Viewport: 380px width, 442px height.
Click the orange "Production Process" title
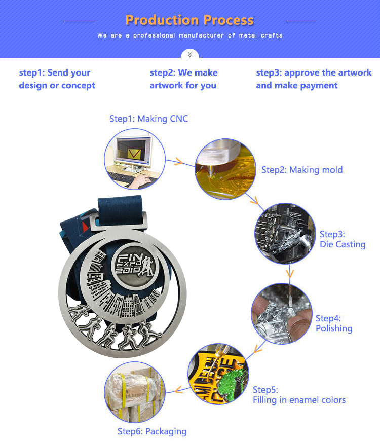[x=189, y=20]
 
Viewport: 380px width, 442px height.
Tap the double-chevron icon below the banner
[x=190, y=54]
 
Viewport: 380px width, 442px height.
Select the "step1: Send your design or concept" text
[x=57, y=79]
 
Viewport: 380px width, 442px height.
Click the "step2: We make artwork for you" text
[x=183, y=79]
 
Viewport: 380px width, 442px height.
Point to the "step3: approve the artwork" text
[x=314, y=72]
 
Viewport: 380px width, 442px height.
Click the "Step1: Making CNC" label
[x=149, y=119]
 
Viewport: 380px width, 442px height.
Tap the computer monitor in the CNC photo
[x=134, y=151]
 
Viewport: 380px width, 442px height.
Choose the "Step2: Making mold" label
[x=302, y=170]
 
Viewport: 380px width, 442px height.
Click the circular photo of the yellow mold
[x=225, y=169]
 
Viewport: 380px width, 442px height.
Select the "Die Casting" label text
[x=343, y=244]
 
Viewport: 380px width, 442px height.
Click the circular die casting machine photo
[x=285, y=233]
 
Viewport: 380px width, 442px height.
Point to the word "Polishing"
[x=334, y=328]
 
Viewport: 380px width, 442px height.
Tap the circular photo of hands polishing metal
[x=282, y=313]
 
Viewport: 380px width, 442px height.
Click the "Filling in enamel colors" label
[x=299, y=400]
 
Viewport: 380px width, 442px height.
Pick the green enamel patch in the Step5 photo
[x=233, y=383]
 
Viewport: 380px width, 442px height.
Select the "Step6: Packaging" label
[x=152, y=431]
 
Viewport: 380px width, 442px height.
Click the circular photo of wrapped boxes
[x=135, y=392]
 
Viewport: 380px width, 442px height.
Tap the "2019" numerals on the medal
[x=128, y=270]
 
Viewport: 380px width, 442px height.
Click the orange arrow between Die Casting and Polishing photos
[x=290, y=273]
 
